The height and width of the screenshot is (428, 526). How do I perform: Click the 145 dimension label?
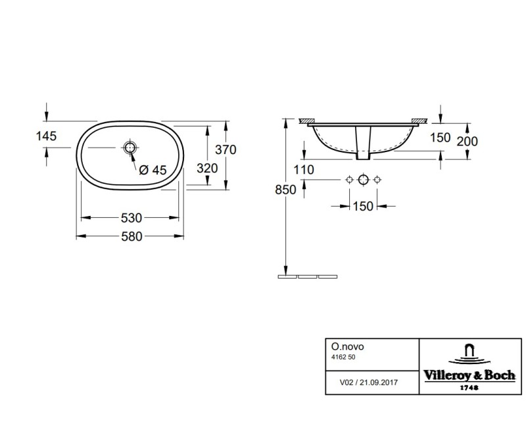pyautogui.click(x=48, y=136)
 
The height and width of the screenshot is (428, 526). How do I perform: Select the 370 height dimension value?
pyautogui.click(x=226, y=149)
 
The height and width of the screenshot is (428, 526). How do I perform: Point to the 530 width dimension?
pyautogui.click(x=130, y=217)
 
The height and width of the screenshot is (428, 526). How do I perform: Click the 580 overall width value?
pyautogui.click(x=130, y=237)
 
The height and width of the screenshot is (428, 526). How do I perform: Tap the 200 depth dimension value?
pyautogui.click(x=467, y=141)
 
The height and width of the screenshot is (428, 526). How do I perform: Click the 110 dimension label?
pyautogui.click(x=304, y=169)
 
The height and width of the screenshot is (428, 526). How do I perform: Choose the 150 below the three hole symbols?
pyautogui.click(x=362, y=207)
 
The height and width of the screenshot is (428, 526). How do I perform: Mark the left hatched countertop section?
pyautogui.click(x=306, y=121)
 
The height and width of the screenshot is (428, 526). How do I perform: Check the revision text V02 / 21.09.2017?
pyautogui.click(x=368, y=381)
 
